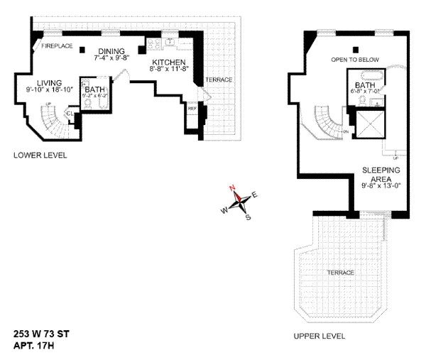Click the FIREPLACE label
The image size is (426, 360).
(57, 46)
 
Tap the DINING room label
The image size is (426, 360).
(111, 51)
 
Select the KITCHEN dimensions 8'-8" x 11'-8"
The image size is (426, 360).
(168, 71)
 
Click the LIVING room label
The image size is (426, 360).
(40, 82)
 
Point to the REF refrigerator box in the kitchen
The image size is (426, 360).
(192, 108)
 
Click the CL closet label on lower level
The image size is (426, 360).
(70, 113)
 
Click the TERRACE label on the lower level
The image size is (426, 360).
(219, 80)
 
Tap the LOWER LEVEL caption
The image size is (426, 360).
(40, 155)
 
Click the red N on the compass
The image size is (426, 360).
(232, 188)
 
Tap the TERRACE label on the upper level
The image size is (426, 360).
(340, 273)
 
